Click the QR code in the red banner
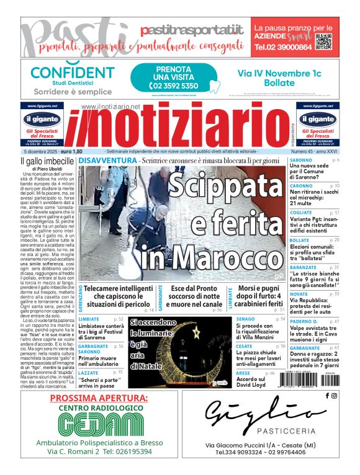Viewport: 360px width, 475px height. click(x=323, y=41)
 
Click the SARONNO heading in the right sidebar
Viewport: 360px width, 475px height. click(x=301, y=160)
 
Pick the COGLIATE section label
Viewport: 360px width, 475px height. click(x=302, y=212)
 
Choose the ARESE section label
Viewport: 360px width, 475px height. click(x=243, y=373)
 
